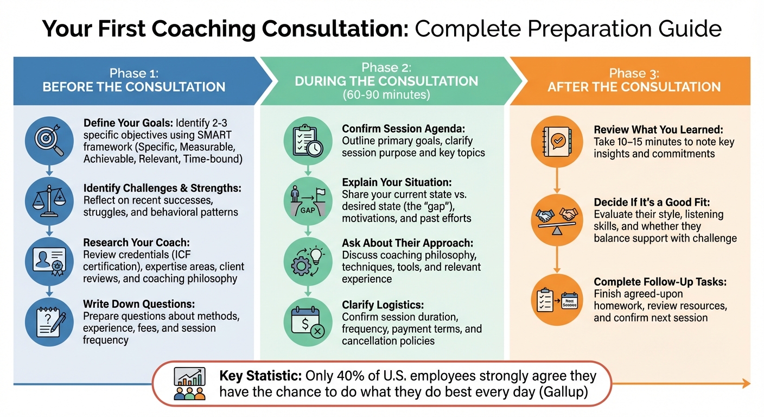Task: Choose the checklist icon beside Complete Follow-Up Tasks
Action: tap(557, 299)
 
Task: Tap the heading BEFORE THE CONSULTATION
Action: tap(134, 87)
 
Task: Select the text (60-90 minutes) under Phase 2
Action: tap(386, 94)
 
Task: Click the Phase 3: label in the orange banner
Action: tap(634, 73)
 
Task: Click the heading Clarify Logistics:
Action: tap(383, 305)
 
